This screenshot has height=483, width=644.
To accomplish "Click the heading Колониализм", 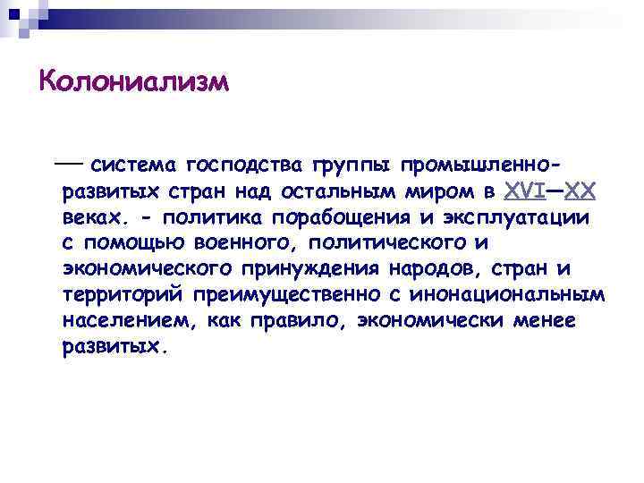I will click(x=134, y=83).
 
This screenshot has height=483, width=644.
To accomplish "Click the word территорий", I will click(x=122, y=295).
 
